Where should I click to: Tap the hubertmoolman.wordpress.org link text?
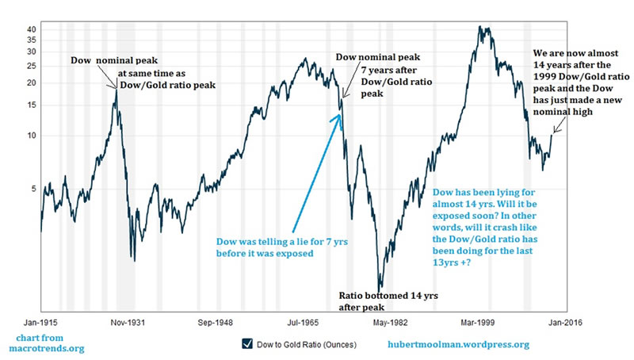(458, 344)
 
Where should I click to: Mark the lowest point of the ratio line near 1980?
(380, 289)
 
